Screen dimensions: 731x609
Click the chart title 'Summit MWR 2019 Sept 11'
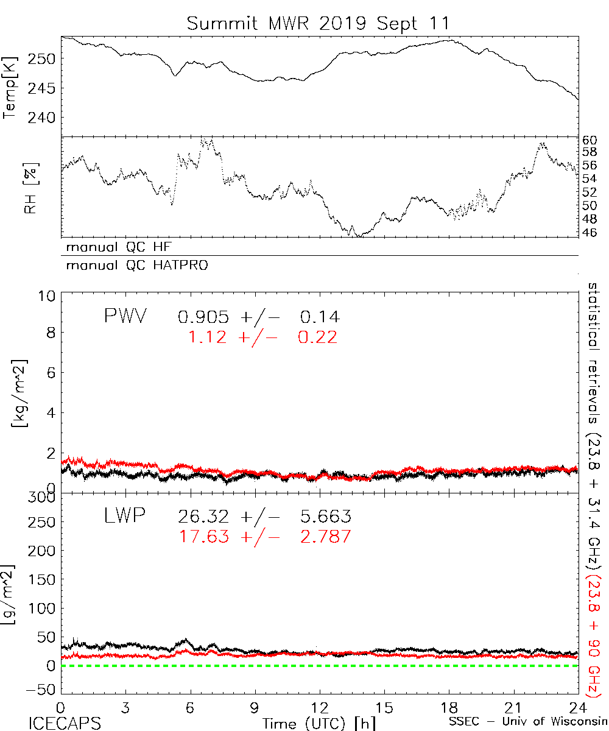pyautogui.click(x=319, y=24)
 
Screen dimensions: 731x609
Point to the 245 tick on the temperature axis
pyautogui.click(x=44, y=88)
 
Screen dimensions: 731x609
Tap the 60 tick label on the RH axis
pyautogui.click(x=590, y=140)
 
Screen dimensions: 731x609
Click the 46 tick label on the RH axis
pyautogui.click(x=590, y=232)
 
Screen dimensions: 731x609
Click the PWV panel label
pyautogui.click(x=124, y=316)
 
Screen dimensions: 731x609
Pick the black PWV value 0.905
pyautogui.click(x=203, y=317)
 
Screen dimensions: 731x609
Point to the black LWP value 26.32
pyautogui.click(x=203, y=517)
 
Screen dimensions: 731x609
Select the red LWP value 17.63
pyautogui.click(x=203, y=537)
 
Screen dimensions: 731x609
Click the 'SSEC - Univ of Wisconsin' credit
pyautogui.click(x=526, y=722)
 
